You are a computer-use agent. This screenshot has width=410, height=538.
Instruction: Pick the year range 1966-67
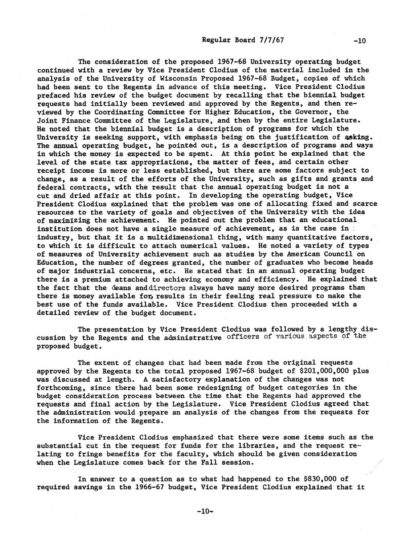point(146,487)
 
